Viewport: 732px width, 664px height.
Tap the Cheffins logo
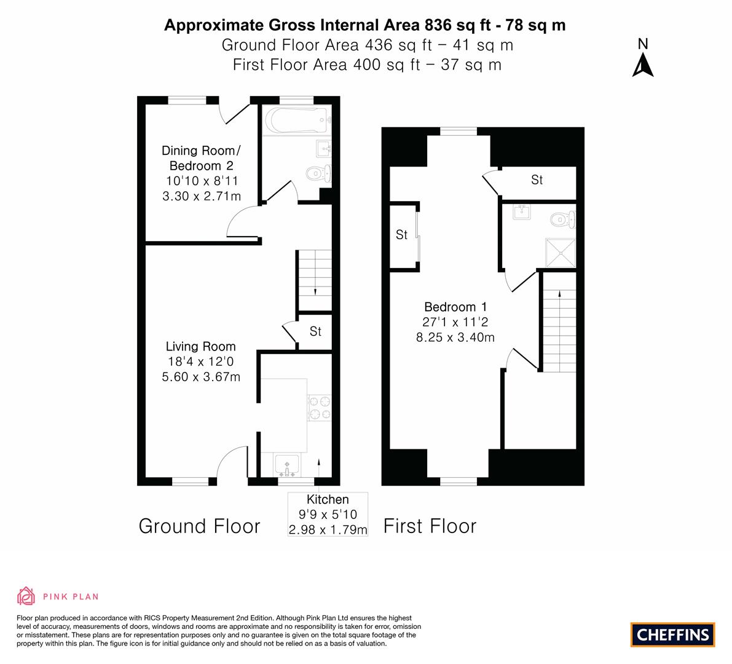[672, 634]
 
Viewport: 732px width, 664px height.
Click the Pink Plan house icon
[26, 596]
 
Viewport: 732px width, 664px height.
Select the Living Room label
[200, 347]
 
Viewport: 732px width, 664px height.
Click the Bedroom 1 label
[455, 307]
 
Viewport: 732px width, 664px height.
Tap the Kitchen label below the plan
[328, 500]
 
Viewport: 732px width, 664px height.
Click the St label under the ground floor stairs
[315, 332]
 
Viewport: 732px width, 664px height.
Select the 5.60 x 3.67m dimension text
[200, 377]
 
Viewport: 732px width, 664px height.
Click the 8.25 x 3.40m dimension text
[455, 337]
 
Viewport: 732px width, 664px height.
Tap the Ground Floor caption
[199, 526]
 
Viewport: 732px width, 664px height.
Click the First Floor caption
[430, 526]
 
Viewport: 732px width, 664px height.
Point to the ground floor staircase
[315, 280]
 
